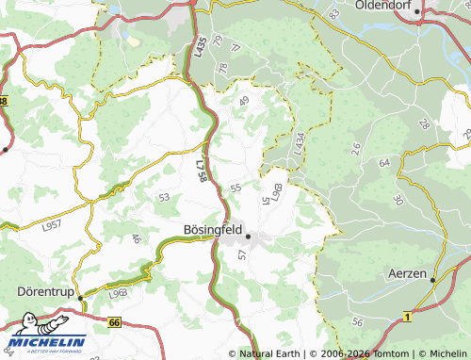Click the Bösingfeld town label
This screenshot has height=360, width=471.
[212, 229]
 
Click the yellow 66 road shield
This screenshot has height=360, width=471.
[114, 322]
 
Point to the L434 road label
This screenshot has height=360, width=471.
[299, 144]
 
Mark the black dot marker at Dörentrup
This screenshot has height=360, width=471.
[81, 299]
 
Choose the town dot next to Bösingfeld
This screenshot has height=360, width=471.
[248, 236]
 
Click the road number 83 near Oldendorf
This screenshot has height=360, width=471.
[333, 14]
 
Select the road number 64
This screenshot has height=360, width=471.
[383, 163]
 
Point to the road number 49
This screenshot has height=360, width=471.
[245, 101]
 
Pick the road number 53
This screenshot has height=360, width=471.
[164, 197]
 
